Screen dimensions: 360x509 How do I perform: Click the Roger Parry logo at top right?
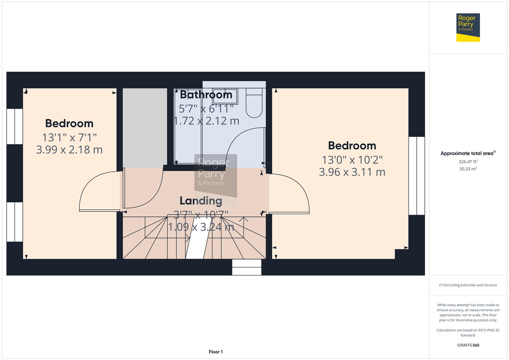[x=468, y=27]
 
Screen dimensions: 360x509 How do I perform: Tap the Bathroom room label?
[x=206, y=95]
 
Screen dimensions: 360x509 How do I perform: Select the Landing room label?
[x=201, y=201]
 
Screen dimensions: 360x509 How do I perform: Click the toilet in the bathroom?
[x=254, y=104]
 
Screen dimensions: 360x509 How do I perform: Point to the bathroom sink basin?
[x=225, y=96]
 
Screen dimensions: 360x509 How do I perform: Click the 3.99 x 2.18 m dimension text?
[x=69, y=150]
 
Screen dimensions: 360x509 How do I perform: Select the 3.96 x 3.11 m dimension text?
[x=352, y=172]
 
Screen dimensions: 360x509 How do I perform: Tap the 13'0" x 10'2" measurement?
[x=352, y=160]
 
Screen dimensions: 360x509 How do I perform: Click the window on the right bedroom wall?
[x=417, y=176]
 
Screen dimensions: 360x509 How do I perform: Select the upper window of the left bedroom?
[x=15, y=126]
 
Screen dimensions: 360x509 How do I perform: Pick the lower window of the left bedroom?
[x=15, y=222]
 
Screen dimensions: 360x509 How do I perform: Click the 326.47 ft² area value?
[x=468, y=162]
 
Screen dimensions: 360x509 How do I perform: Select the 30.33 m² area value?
[x=468, y=169]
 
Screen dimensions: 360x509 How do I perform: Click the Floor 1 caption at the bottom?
[x=216, y=352]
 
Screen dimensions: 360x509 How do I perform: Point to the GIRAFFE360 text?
[x=468, y=345]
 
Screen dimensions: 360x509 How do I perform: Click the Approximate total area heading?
[x=467, y=153]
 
